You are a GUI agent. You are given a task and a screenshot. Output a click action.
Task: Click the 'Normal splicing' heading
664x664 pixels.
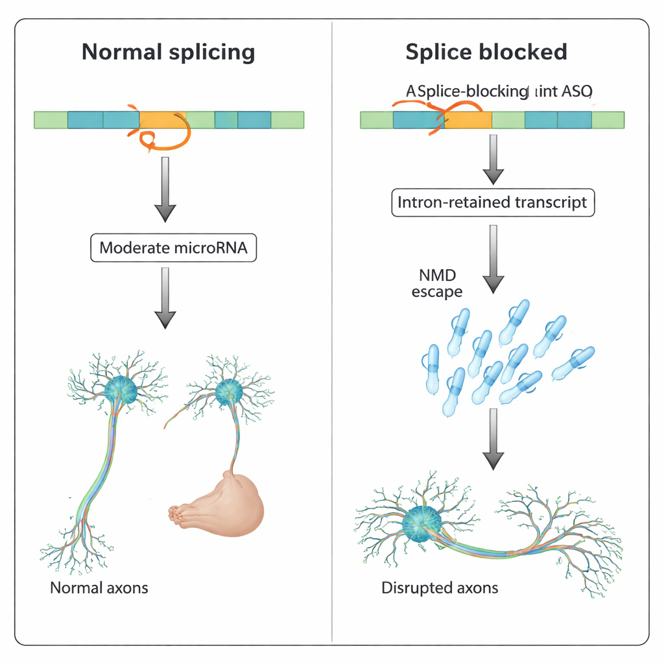pos(169,52)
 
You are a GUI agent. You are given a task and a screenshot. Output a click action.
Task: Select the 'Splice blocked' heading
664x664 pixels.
pos(486,52)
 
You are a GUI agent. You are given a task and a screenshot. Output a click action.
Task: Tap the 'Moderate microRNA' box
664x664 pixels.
pos(173,248)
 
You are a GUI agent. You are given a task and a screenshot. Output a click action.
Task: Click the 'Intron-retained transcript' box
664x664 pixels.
pos(493,202)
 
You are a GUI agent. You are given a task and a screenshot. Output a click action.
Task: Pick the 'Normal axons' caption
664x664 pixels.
pos(99,588)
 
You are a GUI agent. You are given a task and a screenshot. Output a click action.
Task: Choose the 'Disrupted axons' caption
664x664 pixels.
pos(440,588)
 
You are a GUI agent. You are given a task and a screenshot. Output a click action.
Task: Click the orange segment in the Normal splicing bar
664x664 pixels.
pos(162,119)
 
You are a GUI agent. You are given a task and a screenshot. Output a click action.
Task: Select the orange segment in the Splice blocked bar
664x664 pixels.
pos(468,120)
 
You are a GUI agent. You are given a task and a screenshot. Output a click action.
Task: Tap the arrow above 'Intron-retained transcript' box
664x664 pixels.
pos(493,159)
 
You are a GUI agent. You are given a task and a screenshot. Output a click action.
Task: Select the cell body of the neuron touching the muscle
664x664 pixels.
pos(228,392)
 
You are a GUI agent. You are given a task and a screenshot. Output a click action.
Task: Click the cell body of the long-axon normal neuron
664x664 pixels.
pos(120,389)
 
